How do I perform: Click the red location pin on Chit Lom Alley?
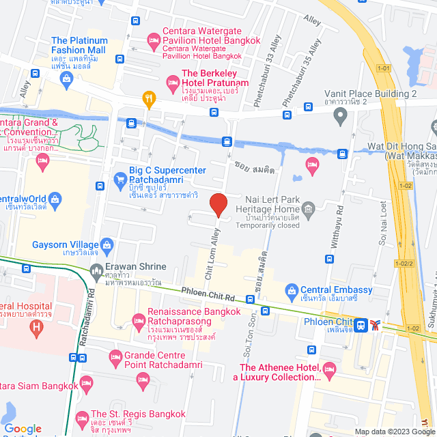point(218,204)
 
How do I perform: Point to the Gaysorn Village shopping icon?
point(107,244)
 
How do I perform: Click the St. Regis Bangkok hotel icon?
point(81,417)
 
